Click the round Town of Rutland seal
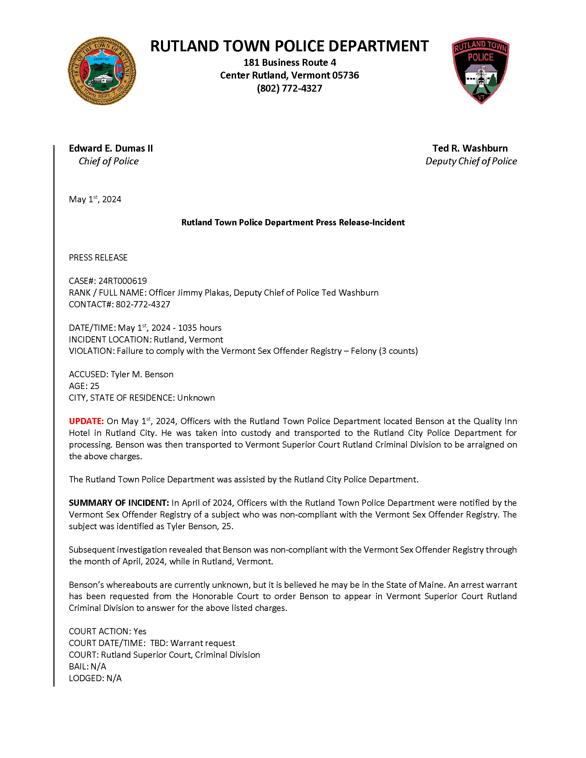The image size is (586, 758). point(102,71)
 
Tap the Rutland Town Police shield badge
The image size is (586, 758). point(481,70)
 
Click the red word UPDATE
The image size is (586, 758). point(86,421)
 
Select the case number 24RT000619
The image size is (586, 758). point(123,281)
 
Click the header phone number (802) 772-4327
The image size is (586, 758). point(289,89)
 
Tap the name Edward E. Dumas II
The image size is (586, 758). point(111,148)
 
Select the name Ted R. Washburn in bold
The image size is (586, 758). point(470,148)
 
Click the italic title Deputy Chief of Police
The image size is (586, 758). point(471,161)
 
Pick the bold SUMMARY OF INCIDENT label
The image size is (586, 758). point(119,503)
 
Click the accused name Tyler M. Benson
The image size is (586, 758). point(142,375)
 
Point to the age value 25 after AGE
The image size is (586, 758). point(95,386)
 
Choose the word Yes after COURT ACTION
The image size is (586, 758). point(140,631)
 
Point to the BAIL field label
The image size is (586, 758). point(79,666)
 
